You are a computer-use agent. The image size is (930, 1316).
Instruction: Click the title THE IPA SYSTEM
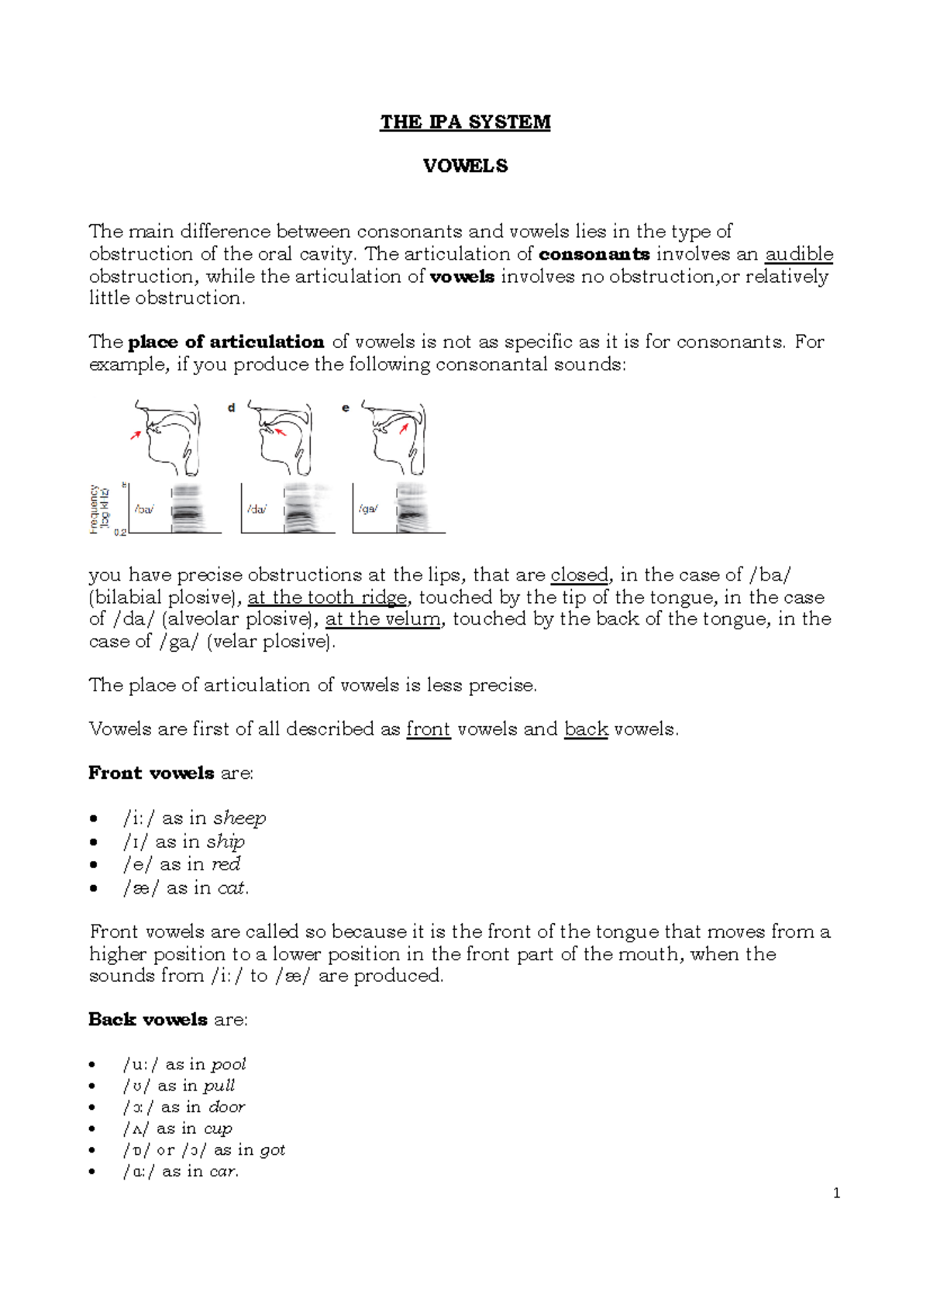point(465,122)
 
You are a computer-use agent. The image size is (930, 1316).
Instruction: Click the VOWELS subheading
point(465,166)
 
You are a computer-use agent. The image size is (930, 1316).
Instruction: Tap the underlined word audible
point(799,254)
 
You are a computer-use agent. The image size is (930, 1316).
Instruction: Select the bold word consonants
point(594,254)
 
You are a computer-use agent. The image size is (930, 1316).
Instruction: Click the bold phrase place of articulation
point(226,342)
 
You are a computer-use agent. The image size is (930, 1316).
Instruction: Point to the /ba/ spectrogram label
point(144,509)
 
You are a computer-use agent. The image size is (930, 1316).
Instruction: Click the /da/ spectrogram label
point(257,509)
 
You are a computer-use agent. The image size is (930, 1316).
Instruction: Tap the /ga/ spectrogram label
point(368,509)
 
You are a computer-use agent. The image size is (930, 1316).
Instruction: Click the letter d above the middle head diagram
point(231,408)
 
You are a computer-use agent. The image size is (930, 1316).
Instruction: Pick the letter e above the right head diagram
point(346,408)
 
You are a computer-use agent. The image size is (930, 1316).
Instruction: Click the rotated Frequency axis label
point(95,509)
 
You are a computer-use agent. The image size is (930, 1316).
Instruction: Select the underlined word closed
point(579,575)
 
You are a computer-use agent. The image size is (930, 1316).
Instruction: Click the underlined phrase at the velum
point(383,619)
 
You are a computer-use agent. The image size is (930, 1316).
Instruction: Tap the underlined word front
point(428,729)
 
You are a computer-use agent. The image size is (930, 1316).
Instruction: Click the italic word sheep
point(239,818)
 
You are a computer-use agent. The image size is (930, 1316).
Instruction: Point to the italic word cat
point(232,888)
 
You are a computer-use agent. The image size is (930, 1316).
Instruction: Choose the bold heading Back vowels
point(148,1019)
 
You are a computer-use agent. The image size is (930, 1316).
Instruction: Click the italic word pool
point(229,1064)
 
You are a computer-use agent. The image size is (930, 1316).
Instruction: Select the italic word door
point(226,1107)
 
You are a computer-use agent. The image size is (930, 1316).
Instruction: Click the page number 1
point(836,1194)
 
